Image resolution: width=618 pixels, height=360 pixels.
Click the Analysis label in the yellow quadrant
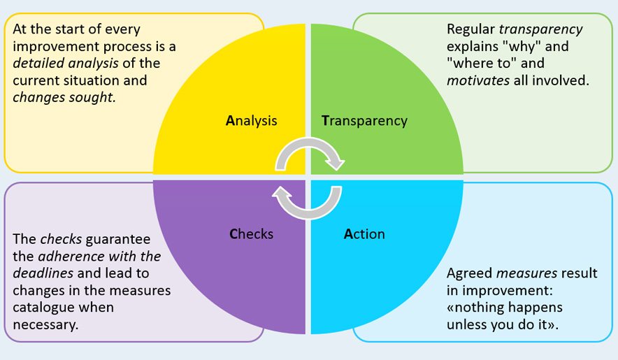point(251,120)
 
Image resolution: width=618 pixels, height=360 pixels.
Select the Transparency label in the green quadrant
point(364,120)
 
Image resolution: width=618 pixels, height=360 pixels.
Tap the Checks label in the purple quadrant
point(251,234)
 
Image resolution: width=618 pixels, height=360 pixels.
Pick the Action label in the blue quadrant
point(364,234)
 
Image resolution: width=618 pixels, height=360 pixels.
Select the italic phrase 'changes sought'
point(63,97)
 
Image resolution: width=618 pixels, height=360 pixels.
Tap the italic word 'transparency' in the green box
point(540,30)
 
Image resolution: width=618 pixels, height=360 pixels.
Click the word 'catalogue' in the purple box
point(43,307)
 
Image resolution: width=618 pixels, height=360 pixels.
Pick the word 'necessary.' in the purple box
point(45,324)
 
